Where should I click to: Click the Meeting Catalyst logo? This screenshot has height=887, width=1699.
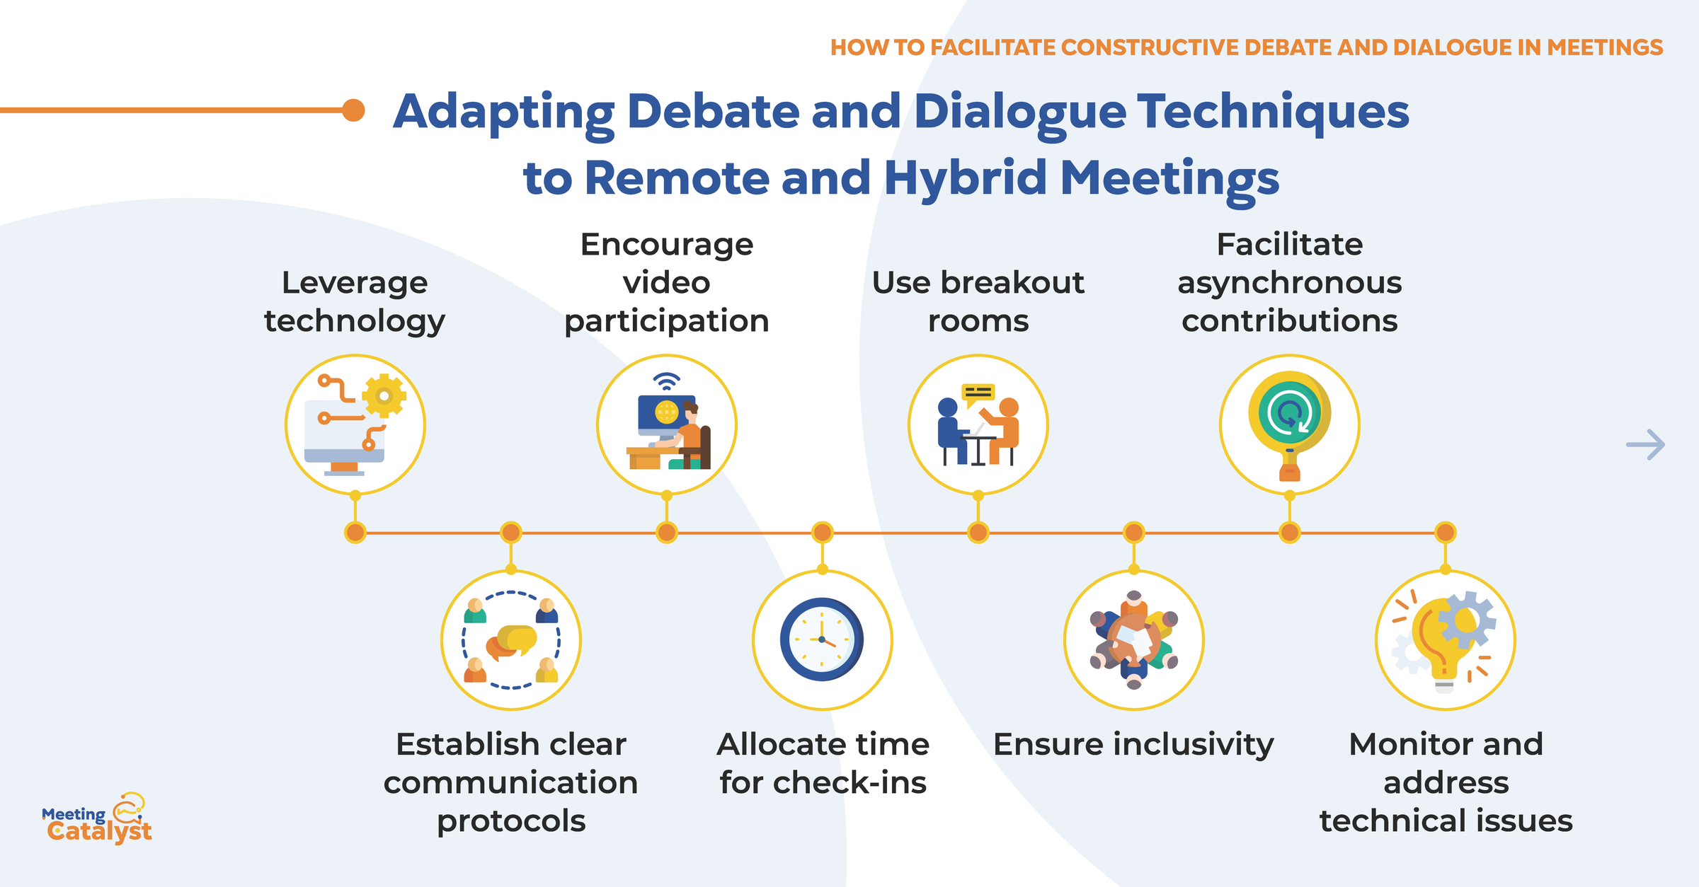[97, 821]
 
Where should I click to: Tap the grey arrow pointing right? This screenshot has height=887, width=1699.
[1645, 444]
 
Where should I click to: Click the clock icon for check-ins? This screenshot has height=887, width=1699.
[822, 639]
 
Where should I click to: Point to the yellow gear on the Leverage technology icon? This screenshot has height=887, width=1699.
[384, 395]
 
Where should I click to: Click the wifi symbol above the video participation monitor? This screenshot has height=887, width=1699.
[666, 382]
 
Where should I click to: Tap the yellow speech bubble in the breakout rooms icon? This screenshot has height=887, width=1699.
[978, 393]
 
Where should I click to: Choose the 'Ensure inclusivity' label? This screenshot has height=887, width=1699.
[1133, 744]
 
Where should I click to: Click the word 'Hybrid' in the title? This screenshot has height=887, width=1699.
[966, 178]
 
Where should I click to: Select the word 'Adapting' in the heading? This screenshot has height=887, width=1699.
[504, 112]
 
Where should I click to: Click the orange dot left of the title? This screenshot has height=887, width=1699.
[353, 110]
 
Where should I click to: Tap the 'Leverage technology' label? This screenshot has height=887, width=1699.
[355, 301]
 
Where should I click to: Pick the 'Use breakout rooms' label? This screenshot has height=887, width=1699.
[978, 301]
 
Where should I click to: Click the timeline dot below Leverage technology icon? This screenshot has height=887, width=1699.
[355, 532]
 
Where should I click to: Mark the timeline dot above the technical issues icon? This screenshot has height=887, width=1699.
[1445, 532]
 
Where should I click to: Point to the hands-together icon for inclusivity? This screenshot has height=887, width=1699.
[1133, 640]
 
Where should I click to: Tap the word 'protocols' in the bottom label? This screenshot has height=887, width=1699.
[511, 821]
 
